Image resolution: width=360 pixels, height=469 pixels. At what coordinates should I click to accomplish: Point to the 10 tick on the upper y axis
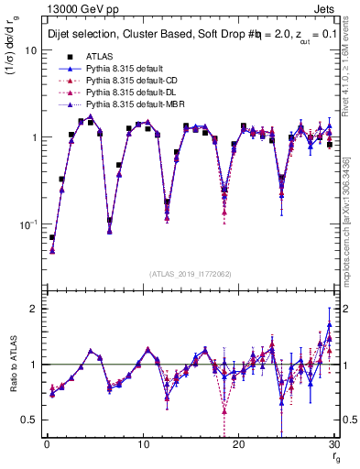point(29,50)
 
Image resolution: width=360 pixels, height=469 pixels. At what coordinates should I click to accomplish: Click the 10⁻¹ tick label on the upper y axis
point(27,224)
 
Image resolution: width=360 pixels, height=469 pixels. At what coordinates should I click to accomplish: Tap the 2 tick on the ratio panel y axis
point(32,309)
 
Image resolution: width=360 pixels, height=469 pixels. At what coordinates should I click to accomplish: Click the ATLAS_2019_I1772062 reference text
point(191,274)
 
